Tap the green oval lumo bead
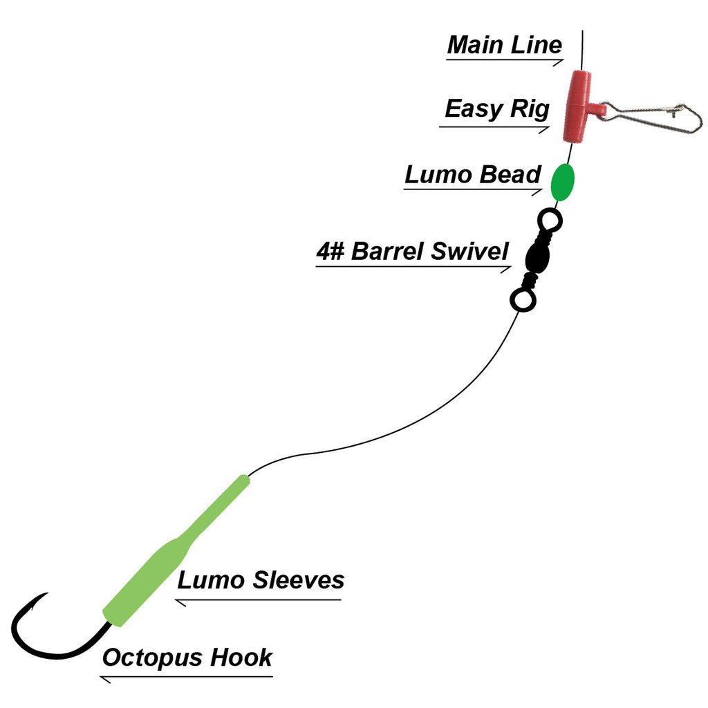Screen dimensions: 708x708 pyautogui.click(x=562, y=182)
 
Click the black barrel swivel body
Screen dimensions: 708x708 pyautogui.click(x=536, y=257)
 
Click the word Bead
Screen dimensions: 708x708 pyautogui.click(x=510, y=175)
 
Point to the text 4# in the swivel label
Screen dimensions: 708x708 pyautogui.click(x=330, y=251)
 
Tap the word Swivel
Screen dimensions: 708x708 pyautogui.click(x=469, y=251)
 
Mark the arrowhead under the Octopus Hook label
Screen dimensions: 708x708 pyautogui.click(x=106, y=680)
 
